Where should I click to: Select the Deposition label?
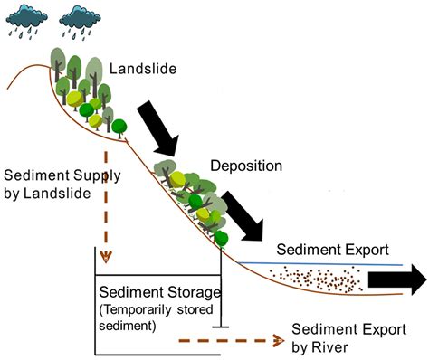[246, 166]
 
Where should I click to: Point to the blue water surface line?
[317, 263]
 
